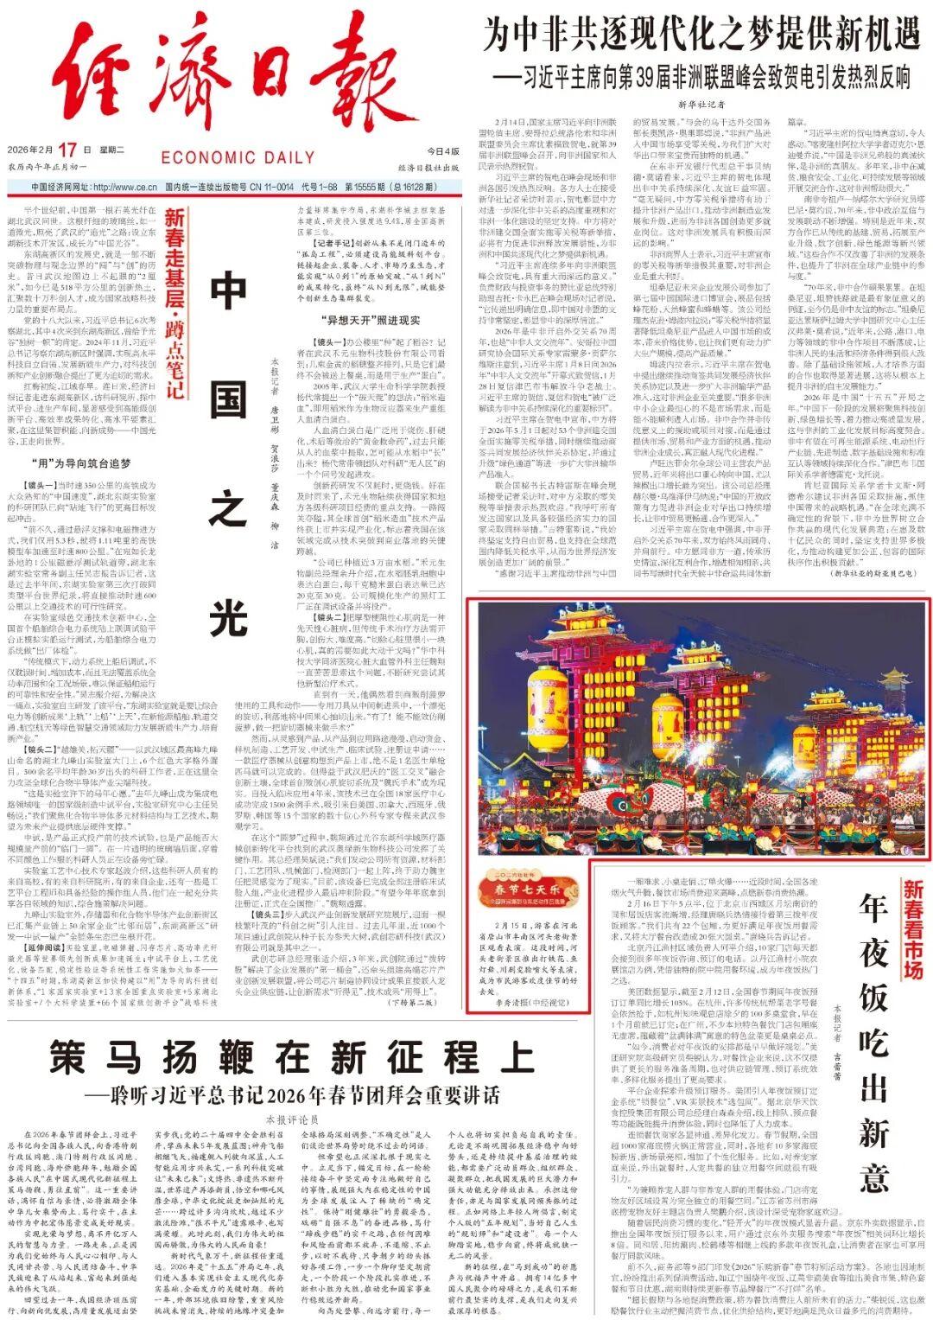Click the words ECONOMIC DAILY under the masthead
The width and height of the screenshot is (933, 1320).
[x=238, y=157]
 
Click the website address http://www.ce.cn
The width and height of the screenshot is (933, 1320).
[x=124, y=186]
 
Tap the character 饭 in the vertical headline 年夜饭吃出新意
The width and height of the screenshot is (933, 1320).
[x=873, y=997]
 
